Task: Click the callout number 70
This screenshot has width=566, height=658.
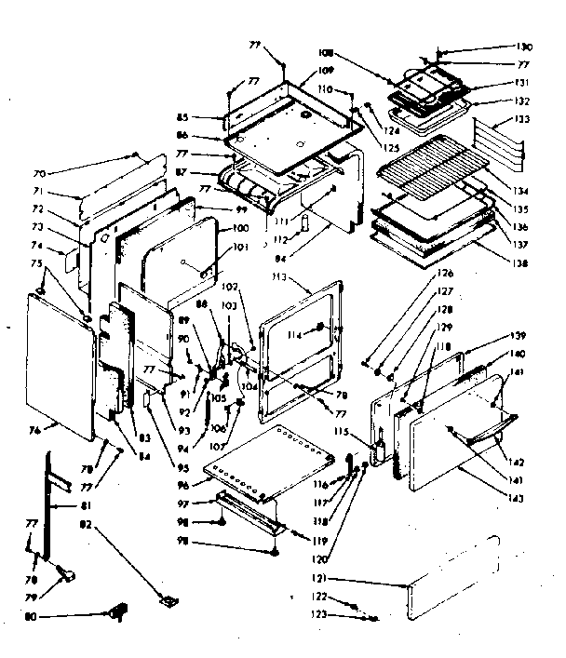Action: click(65, 173)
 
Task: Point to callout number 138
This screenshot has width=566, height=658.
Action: click(519, 263)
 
